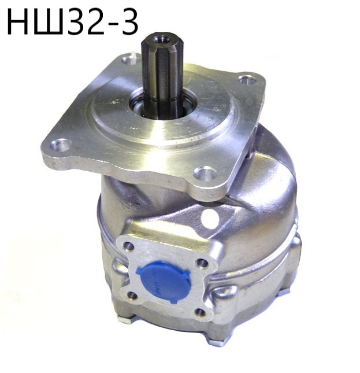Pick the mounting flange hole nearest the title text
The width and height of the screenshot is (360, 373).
[x=128, y=58]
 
